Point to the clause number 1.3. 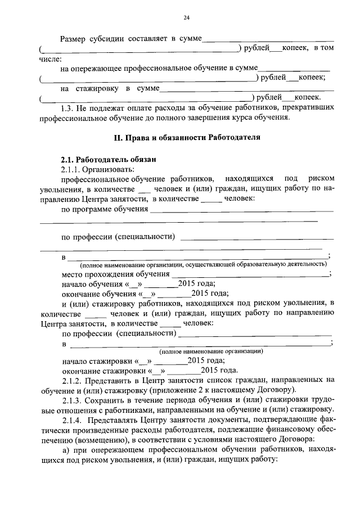68,106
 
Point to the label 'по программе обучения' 104,209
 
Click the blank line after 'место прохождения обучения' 250,275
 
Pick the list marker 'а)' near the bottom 66,449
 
